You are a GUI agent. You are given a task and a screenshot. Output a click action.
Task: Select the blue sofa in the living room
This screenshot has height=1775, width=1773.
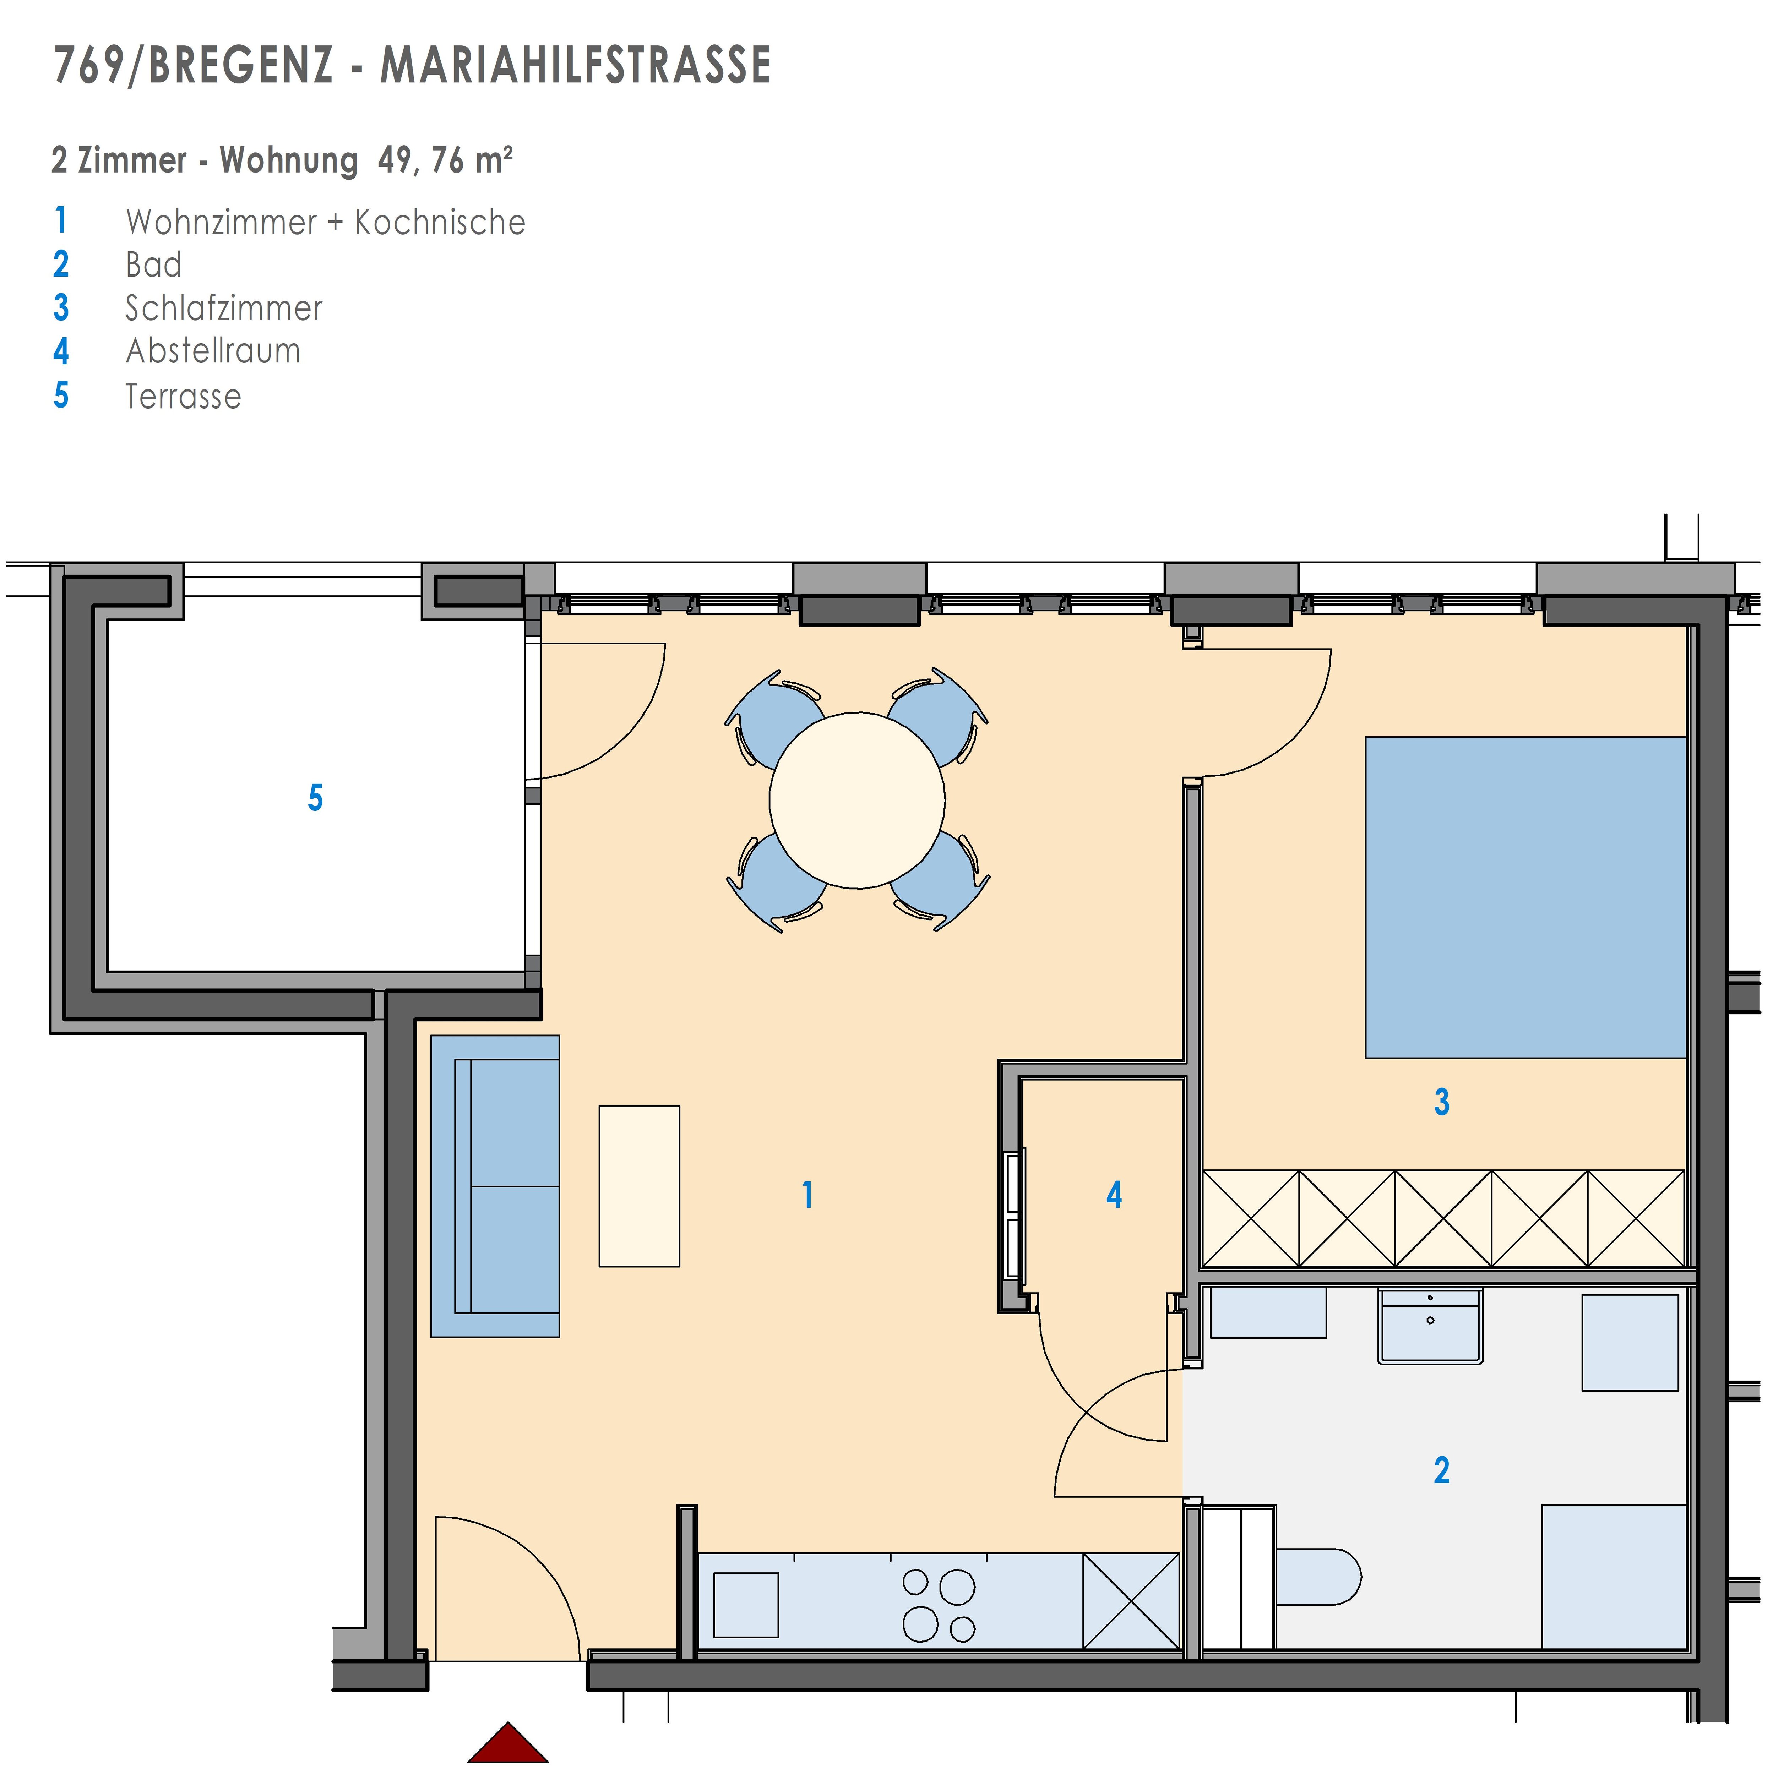(x=495, y=1187)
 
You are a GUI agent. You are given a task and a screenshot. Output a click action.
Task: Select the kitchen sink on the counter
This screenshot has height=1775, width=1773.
(x=746, y=1605)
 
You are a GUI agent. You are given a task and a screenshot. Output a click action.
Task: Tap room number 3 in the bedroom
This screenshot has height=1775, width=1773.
(x=1442, y=1102)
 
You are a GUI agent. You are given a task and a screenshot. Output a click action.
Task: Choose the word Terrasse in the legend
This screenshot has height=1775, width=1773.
(x=184, y=396)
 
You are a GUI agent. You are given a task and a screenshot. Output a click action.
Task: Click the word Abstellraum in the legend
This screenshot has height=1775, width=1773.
(x=213, y=351)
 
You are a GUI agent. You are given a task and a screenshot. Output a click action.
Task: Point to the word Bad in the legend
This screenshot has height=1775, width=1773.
(x=153, y=264)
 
